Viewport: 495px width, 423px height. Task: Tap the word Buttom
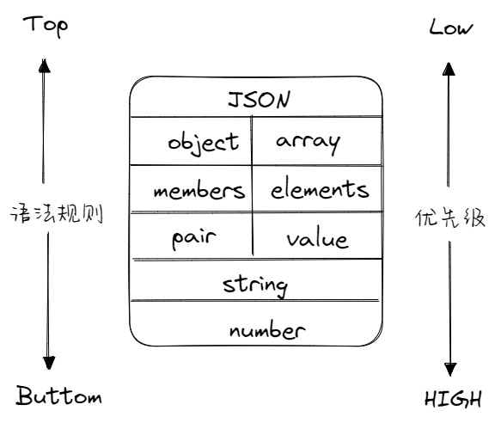coord(59,396)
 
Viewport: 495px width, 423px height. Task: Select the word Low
coord(450,28)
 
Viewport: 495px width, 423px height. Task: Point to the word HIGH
coord(453,400)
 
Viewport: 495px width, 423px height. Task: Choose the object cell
coord(203,142)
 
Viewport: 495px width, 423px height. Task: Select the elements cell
coord(319,190)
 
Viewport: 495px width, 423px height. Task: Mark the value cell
coord(316,239)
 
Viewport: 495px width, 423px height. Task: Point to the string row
coord(254,283)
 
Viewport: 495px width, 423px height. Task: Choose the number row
coord(266,329)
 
